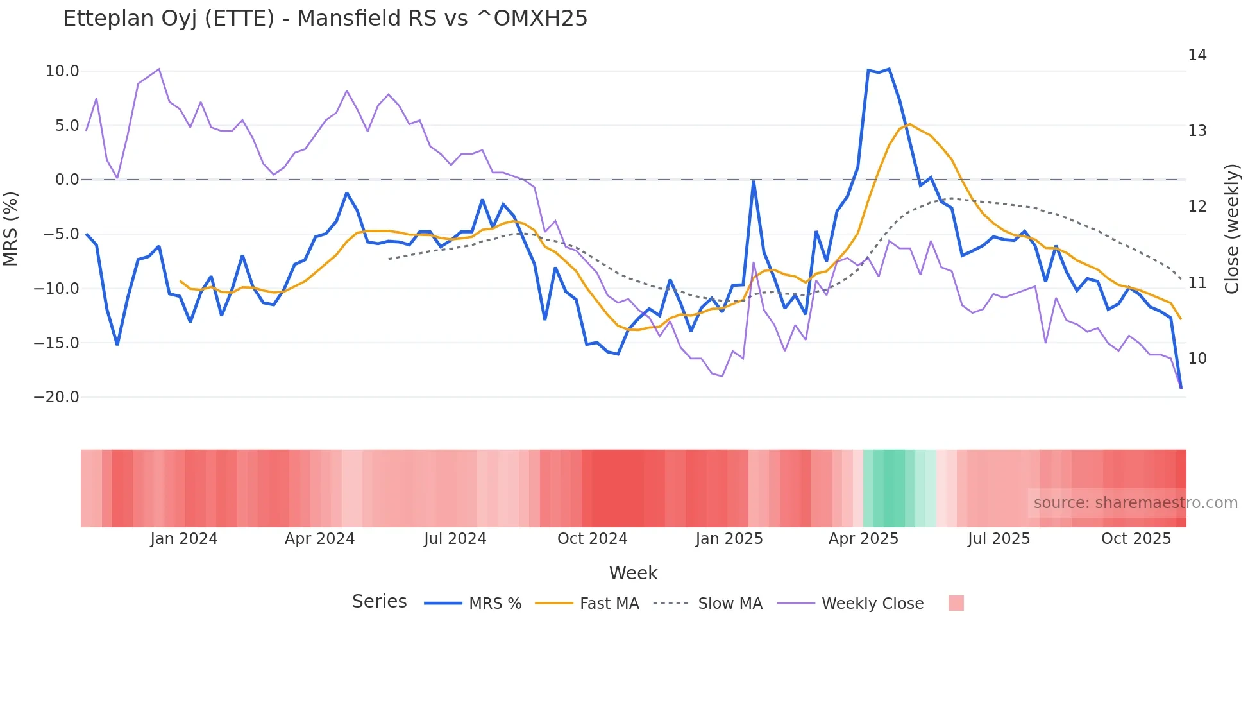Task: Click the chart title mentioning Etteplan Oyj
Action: (325, 19)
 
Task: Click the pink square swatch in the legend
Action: (956, 603)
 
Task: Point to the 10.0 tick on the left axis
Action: (62, 71)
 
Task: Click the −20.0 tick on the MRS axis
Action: (56, 397)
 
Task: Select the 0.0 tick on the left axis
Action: (67, 180)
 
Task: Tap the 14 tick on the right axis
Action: (1197, 55)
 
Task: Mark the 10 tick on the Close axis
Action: (1197, 359)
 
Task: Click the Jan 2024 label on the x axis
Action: (184, 539)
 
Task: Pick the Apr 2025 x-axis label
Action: (863, 539)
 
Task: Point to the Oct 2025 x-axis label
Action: (1136, 539)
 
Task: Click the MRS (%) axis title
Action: (11, 229)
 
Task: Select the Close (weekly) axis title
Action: (1231, 229)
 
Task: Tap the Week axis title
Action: (633, 573)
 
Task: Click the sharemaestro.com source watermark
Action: (1135, 503)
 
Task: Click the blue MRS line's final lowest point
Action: (1181, 388)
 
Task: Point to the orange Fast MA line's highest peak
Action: (909, 124)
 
